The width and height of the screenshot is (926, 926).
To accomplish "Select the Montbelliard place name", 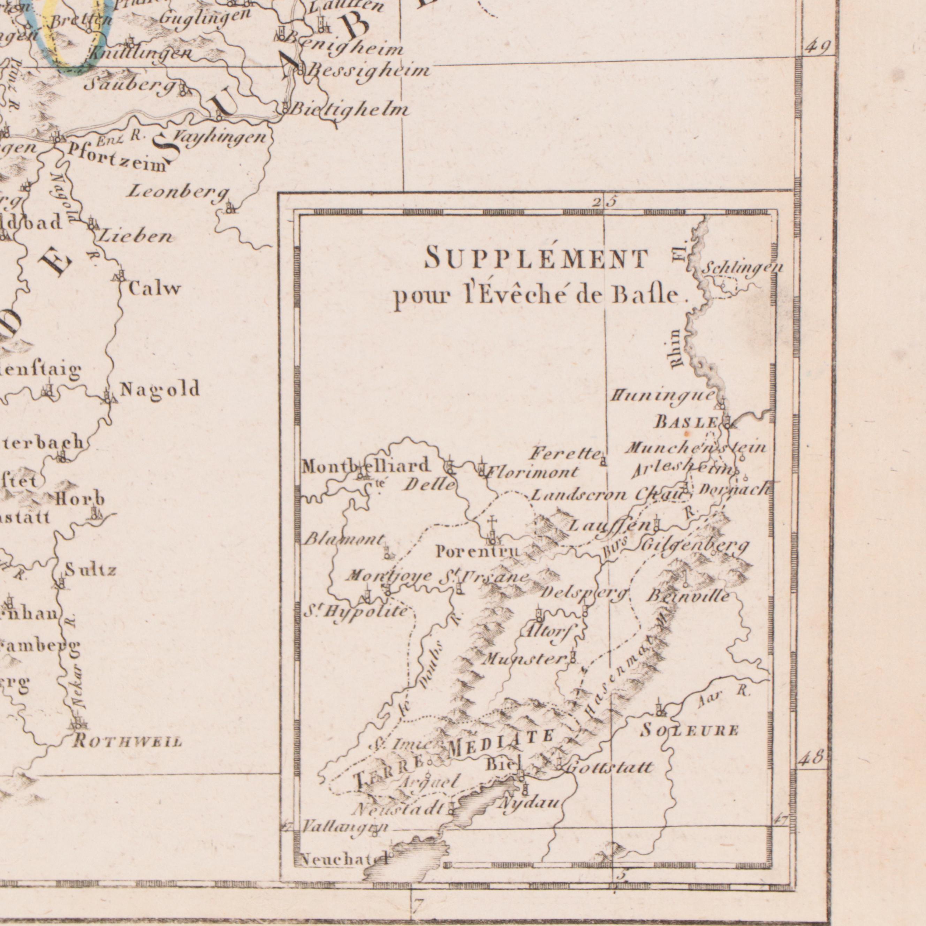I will (365, 466).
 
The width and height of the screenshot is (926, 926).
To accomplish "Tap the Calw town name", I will (154, 289).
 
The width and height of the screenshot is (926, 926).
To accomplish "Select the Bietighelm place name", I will (350, 110).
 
